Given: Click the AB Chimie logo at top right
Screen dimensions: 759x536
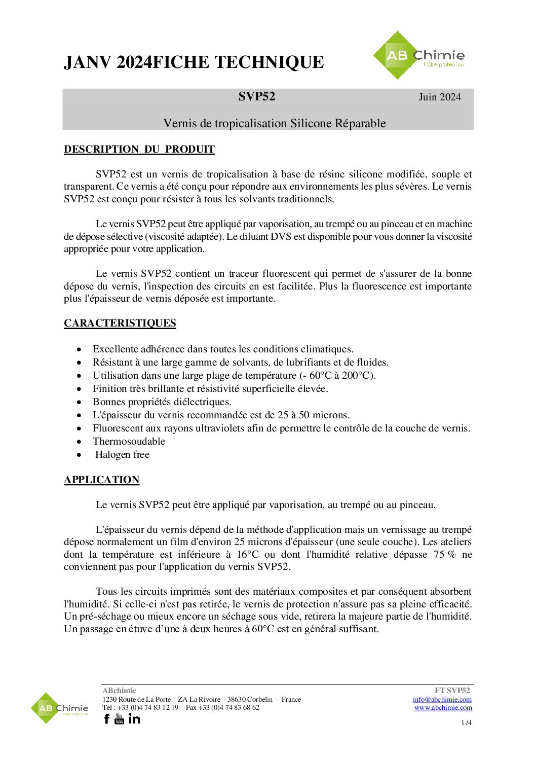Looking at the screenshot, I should tap(418, 56).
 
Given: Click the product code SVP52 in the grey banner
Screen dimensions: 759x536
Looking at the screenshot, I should tap(257, 97).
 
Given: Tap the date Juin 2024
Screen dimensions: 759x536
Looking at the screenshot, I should tap(440, 97).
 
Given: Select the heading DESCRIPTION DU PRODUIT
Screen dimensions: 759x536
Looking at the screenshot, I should tap(139, 150).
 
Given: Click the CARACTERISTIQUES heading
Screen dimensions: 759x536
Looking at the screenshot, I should tap(120, 323).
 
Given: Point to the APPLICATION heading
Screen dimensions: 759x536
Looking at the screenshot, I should tap(101, 480).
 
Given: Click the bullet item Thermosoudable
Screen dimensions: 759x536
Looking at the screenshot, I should tap(129, 442).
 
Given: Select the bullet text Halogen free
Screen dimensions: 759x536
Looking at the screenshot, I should tap(122, 455).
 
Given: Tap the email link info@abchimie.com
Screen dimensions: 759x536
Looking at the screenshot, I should tap(442, 700).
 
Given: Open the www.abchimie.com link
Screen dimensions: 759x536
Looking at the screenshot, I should tap(443, 708).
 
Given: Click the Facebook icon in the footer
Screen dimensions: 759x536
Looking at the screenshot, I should tap(107, 719).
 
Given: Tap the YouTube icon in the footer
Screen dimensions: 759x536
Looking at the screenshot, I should tap(120, 719).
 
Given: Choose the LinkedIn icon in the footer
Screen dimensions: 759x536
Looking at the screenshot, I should tap(134, 719).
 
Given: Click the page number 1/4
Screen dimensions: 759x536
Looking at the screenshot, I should tap(467, 723).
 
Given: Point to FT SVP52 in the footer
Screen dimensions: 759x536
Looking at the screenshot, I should tap(452, 691).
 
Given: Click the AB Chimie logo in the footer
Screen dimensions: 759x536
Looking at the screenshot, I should tap(59, 708).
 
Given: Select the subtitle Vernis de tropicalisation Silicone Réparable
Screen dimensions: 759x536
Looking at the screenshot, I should tap(274, 124).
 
